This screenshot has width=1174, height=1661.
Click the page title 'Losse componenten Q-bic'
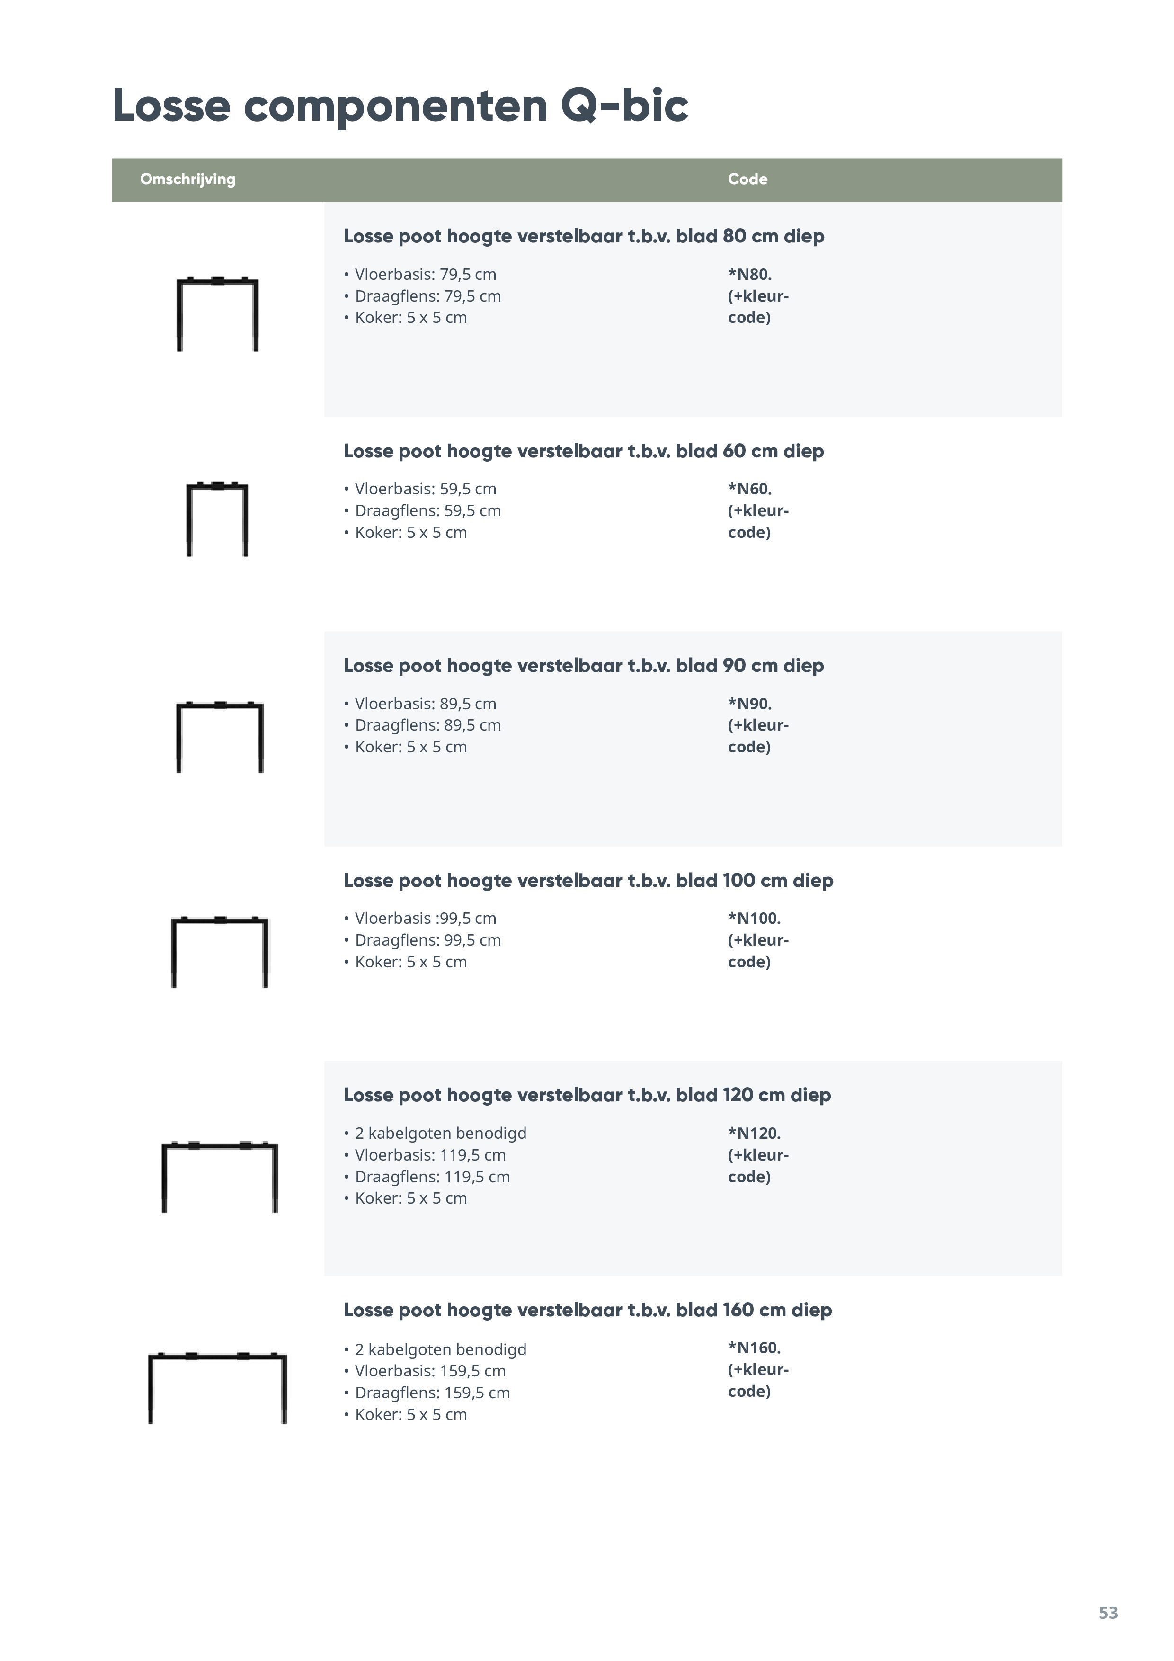[x=400, y=106]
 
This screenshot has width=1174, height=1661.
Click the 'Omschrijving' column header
[x=187, y=179]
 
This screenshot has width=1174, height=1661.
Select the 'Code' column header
[x=747, y=179]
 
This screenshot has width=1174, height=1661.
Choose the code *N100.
[x=754, y=919]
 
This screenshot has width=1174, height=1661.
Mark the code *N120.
[x=754, y=1134]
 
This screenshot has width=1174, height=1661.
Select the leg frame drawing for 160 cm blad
[x=217, y=1387]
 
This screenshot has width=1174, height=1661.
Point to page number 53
[x=1107, y=1613]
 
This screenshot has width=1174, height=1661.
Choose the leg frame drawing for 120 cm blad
[x=219, y=1177]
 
